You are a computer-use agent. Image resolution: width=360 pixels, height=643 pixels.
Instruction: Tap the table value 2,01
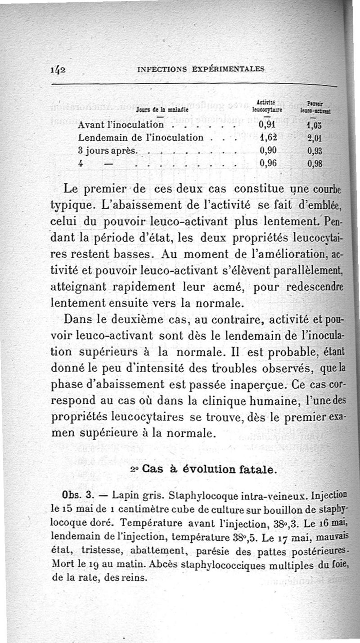click(316, 138)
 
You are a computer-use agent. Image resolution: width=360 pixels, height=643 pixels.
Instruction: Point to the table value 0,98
click(316, 163)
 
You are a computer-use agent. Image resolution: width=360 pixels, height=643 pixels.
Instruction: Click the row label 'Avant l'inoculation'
click(120, 125)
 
